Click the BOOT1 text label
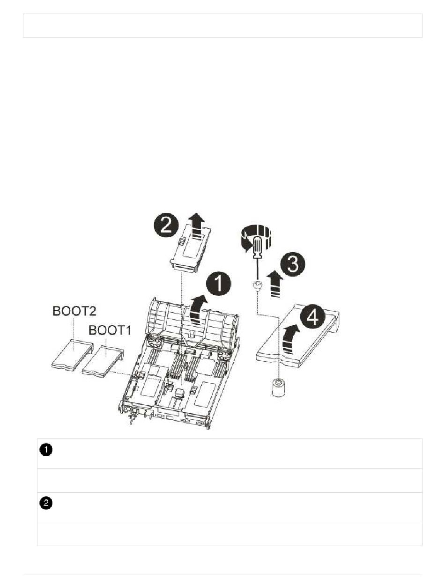pyautogui.click(x=111, y=331)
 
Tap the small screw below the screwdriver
pyautogui.click(x=257, y=285)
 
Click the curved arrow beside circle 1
pyautogui.click(x=196, y=308)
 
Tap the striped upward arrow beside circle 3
pyautogui.click(x=277, y=285)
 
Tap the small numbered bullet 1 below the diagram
pyautogui.click(x=46, y=450)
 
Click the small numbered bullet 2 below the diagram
pyautogui.click(x=46, y=504)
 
